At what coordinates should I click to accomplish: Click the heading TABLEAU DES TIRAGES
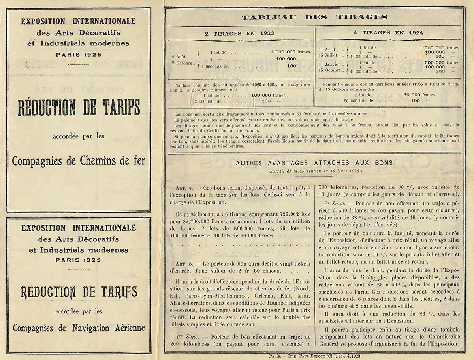tap(314, 17)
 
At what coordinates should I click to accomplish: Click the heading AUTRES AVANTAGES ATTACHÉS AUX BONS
tap(314, 162)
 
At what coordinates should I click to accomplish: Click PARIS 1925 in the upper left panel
tap(78, 54)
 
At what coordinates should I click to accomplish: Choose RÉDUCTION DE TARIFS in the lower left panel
tap(79, 292)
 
